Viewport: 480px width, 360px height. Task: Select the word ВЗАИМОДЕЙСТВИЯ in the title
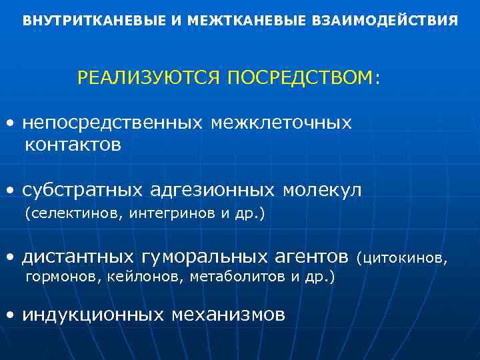coord(385,21)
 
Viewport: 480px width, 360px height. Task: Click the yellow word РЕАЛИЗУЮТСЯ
coord(149,78)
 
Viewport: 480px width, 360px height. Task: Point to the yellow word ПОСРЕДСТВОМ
coord(300,78)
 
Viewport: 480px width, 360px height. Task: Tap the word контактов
coord(73,145)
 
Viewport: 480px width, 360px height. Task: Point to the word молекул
coord(322,191)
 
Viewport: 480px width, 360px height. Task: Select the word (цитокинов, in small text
coord(403,257)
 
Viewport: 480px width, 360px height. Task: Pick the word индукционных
coord(93,314)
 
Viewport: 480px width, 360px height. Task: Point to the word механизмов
coord(227,314)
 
